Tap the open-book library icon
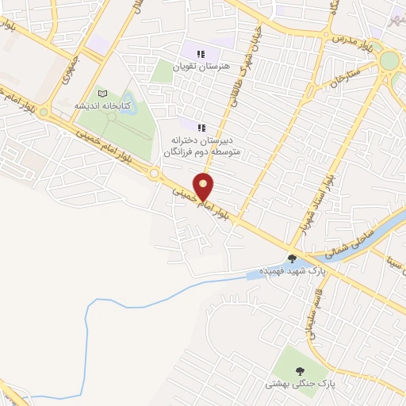pyautogui.click(x=101, y=94)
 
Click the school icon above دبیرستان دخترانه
pyautogui.click(x=201, y=127)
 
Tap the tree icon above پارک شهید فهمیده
pyautogui.click(x=293, y=258)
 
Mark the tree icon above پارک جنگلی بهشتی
pyautogui.click(x=299, y=370)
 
